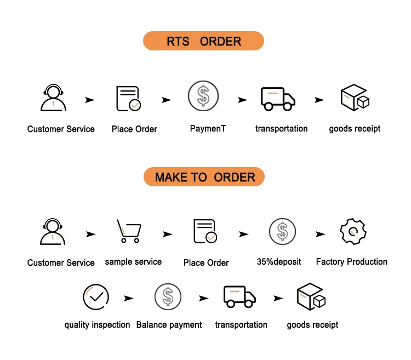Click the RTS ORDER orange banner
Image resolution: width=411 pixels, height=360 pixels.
click(203, 42)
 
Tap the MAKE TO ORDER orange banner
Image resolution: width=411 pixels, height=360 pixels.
click(204, 177)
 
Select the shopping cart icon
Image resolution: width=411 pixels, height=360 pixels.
click(129, 231)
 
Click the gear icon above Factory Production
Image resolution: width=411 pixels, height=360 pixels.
click(353, 231)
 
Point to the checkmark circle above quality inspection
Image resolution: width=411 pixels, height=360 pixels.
click(95, 297)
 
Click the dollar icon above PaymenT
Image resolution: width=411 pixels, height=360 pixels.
click(203, 96)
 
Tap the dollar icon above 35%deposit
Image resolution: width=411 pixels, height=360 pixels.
click(282, 231)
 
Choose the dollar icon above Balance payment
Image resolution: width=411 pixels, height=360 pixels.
click(168, 297)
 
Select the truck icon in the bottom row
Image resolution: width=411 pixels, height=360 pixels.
click(239, 296)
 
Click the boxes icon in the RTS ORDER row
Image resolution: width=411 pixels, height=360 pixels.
click(355, 98)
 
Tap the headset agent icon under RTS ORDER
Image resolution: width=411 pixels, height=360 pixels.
click(53, 98)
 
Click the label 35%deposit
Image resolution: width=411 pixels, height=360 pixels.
click(279, 262)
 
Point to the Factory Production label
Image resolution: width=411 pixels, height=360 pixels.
click(352, 262)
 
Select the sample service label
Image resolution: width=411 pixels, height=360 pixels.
click(133, 262)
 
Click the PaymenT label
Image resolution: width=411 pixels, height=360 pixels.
click(208, 129)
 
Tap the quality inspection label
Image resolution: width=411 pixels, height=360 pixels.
click(97, 325)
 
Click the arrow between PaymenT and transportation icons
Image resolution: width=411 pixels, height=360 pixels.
click(242, 100)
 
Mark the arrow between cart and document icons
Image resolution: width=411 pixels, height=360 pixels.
click(167, 234)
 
